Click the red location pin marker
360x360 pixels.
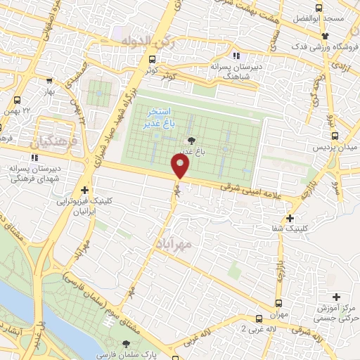(x=181, y=167)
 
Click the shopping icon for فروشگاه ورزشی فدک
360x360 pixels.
(x=324, y=36)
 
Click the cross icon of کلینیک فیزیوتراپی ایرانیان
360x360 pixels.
(x=85, y=190)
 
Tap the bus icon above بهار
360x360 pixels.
(x=49, y=81)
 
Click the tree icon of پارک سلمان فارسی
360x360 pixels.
(x=126, y=345)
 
